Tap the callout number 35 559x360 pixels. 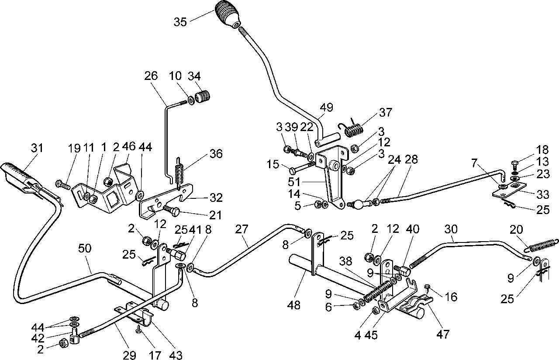180,22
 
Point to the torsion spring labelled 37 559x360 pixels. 352,128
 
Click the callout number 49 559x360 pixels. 326,107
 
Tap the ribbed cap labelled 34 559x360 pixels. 202,97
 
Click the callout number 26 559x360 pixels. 151,76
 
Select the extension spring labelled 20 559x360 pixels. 542,246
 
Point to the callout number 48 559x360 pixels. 294,305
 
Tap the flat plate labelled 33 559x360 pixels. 509,190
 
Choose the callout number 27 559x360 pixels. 242,229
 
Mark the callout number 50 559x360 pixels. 85,249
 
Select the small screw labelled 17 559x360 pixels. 138,329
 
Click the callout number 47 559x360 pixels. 443,334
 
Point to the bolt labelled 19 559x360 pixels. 62,184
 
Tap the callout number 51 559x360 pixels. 294,182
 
